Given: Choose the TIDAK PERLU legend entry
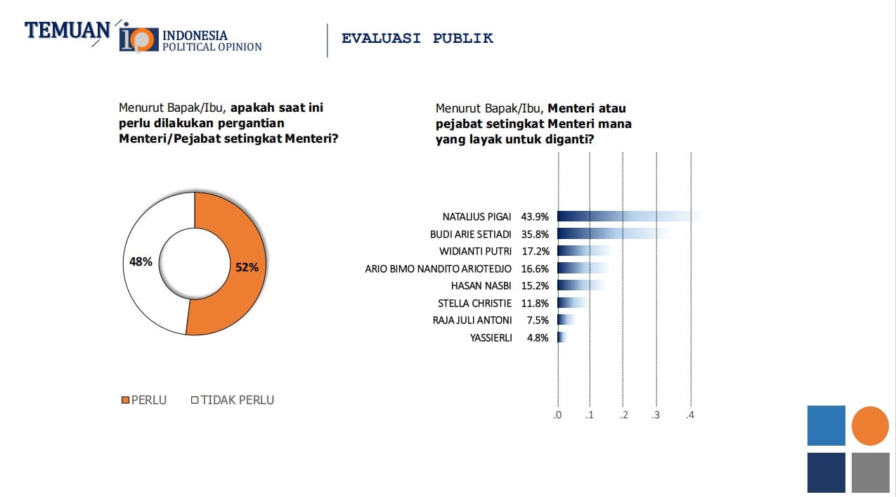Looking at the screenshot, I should (x=233, y=400).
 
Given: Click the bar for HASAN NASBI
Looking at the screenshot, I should (x=580, y=285).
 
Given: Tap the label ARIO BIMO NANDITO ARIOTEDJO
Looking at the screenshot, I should (x=439, y=269).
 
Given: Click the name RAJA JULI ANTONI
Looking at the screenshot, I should (x=472, y=321).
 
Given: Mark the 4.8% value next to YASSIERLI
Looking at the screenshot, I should (x=538, y=337).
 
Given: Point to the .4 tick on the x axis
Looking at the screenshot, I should (x=690, y=415).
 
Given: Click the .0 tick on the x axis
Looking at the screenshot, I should (x=557, y=415).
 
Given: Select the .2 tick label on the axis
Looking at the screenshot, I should (x=623, y=415).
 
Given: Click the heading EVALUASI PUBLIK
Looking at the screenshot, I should (x=417, y=38).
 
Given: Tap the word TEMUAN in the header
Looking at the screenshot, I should (x=67, y=31).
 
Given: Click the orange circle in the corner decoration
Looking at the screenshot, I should (x=870, y=426).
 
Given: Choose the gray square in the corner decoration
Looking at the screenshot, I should (x=870, y=472).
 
